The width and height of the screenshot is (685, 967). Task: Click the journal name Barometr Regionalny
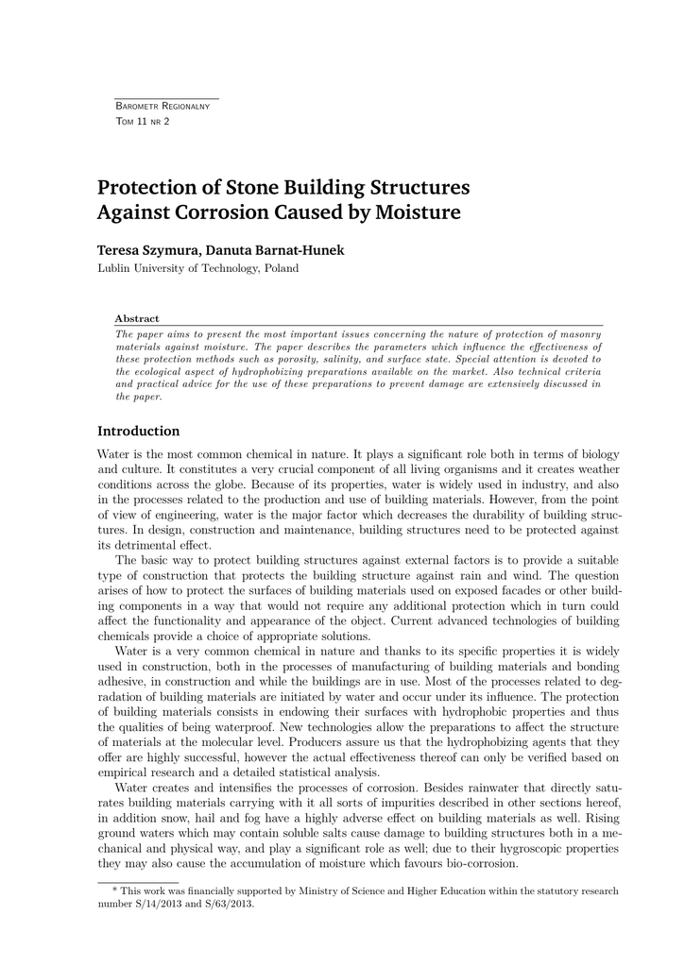(x=162, y=106)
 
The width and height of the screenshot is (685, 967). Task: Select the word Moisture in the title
(x=418, y=212)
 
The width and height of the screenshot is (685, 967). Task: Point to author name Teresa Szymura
(x=146, y=250)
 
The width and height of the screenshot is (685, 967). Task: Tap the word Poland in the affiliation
(x=282, y=268)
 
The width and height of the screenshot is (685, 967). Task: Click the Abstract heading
(x=136, y=319)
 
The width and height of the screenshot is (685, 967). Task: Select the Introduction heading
(x=138, y=432)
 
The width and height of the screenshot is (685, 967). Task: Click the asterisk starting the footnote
(x=115, y=891)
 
